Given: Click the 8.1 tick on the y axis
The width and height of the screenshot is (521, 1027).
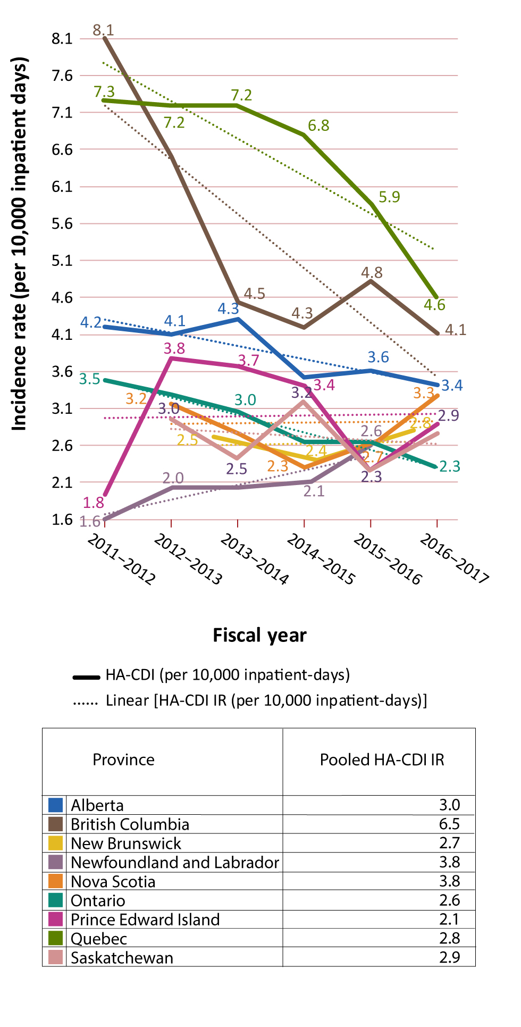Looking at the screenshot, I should click(x=62, y=39).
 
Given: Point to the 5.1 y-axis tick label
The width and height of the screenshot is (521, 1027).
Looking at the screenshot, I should click(x=62, y=261).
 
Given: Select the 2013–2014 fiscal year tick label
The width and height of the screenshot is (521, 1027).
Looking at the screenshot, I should click(x=254, y=559).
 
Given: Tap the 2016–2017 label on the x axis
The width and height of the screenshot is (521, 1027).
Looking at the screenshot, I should click(x=453, y=559).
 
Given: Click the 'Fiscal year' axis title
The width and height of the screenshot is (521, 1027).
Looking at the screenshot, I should click(x=259, y=636).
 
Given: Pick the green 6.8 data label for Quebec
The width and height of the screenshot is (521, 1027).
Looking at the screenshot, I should click(x=318, y=126).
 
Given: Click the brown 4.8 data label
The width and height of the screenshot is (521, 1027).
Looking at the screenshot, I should click(x=372, y=273).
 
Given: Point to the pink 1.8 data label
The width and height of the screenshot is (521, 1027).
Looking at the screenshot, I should click(x=93, y=503).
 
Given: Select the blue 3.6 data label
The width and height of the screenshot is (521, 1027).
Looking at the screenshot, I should click(x=378, y=357).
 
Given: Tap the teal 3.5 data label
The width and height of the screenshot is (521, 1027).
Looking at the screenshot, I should click(x=89, y=379).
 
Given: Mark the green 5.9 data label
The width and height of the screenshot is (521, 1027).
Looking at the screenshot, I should click(x=389, y=197).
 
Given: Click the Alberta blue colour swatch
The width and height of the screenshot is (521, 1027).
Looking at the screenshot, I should click(x=55, y=805).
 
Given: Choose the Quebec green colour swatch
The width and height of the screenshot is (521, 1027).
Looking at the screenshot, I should click(x=55, y=939).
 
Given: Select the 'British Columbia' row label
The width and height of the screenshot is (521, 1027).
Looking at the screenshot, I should click(x=130, y=824).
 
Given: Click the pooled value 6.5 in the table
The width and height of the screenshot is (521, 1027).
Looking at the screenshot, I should click(x=449, y=824).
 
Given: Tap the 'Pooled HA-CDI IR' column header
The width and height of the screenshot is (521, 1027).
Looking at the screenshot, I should click(x=382, y=760).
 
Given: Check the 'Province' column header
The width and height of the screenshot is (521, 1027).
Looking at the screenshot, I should click(x=123, y=760).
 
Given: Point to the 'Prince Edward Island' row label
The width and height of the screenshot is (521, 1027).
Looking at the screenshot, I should click(x=145, y=920).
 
